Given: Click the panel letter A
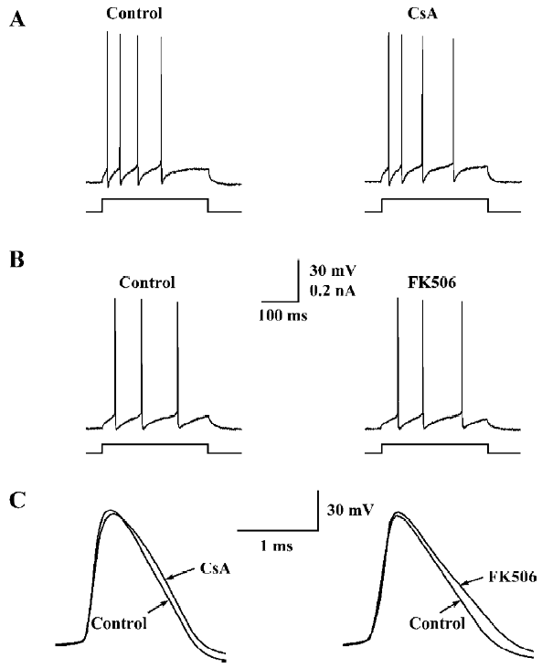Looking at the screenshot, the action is pyautogui.click(x=17, y=19).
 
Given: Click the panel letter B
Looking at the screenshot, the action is pyautogui.click(x=16, y=260).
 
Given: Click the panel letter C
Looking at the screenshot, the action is pyautogui.click(x=17, y=501).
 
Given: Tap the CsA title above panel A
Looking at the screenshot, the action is pyautogui.click(x=422, y=14).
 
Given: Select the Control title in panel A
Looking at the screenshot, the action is pyautogui.click(x=134, y=14).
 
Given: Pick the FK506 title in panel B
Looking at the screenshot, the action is pyautogui.click(x=431, y=282).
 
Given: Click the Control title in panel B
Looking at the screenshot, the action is pyautogui.click(x=147, y=282).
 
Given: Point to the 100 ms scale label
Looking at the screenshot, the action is pyautogui.click(x=283, y=315).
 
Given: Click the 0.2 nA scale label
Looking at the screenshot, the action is pyautogui.click(x=333, y=291).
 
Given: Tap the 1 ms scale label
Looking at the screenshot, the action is pyautogui.click(x=277, y=546).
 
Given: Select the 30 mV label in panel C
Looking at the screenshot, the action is pyautogui.click(x=350, y=510).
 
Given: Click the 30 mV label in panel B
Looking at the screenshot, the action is pyautogui.click(x=333, y=270).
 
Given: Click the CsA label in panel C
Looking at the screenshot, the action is pyautogui.click(x=215, y=568).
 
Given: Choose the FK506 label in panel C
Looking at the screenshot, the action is pyautogui.click(x=513, y=577).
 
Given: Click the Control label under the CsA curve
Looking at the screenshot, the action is pyautogui.click(x=119, y=623).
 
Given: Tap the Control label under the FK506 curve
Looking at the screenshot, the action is pyautogui.click(x=437, y=623).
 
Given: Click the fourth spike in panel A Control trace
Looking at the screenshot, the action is pyautogui.click(x=162, y=111).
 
